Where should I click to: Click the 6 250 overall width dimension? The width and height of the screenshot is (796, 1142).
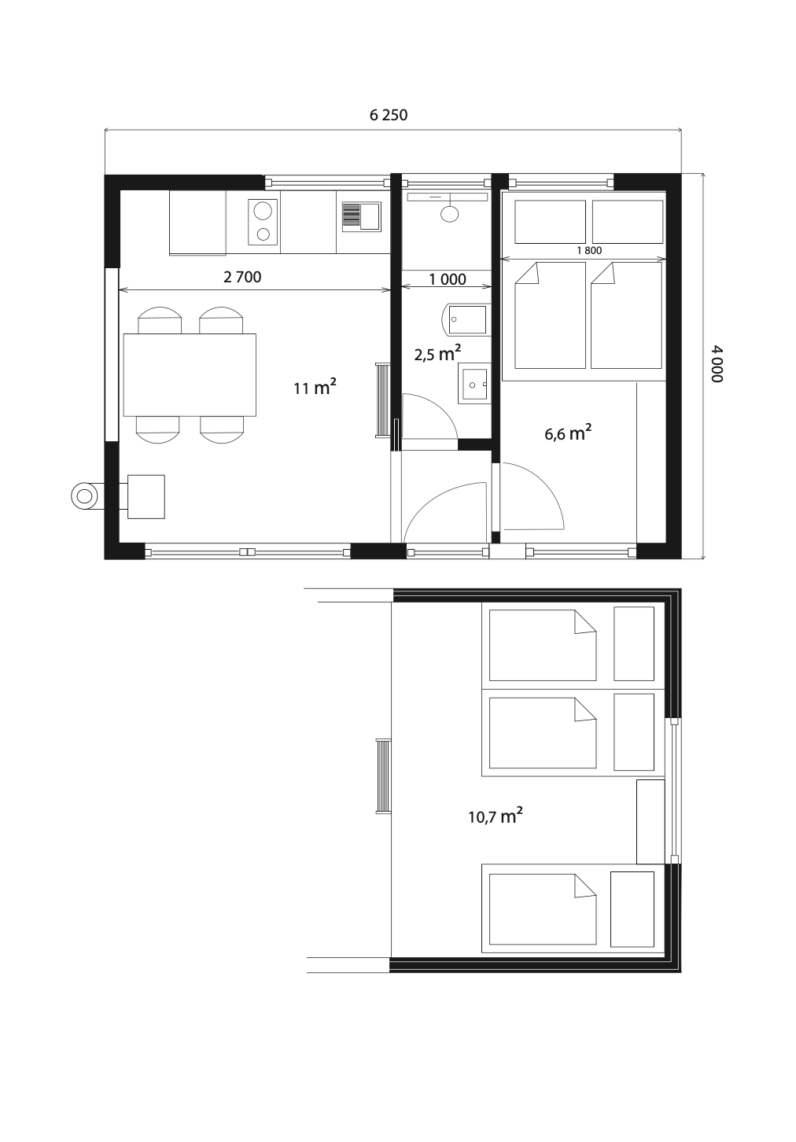[389, 115]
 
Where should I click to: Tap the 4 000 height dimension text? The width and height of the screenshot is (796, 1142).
[717, 364]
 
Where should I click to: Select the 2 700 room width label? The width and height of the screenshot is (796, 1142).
[242, 277]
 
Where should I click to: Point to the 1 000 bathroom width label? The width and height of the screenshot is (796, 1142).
[448, 279]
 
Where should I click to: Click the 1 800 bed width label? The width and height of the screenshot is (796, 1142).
[589, 250]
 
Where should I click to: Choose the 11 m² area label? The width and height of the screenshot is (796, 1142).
[315, 388]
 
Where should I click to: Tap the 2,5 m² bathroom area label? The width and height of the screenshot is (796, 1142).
[437, 353]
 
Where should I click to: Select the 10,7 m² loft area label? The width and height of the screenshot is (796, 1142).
[496, 816]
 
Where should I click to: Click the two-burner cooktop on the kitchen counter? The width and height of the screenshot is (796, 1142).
[263, 222]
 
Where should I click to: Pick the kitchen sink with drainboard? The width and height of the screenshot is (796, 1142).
[361, 216]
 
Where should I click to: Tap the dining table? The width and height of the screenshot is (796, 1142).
[190, 374]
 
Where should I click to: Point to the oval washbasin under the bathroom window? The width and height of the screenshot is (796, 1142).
[450, 213]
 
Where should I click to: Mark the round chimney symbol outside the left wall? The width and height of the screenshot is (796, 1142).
[84, 495]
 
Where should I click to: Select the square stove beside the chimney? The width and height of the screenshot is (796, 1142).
[146, 496]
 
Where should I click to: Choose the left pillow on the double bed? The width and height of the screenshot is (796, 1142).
[551, 222]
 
